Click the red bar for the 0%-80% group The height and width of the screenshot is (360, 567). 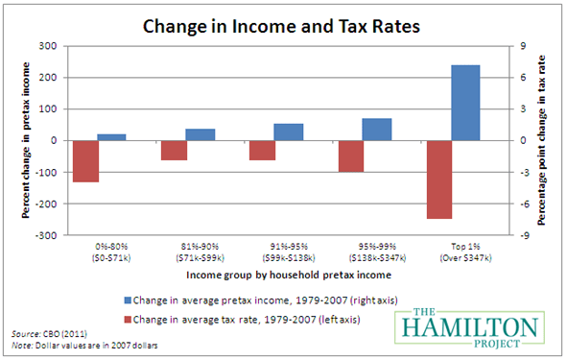pos(85,161)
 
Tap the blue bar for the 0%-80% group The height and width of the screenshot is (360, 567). pos(112,137)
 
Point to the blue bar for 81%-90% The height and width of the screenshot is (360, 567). pos(201,134)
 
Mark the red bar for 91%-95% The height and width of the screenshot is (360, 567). pos(262,150)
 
